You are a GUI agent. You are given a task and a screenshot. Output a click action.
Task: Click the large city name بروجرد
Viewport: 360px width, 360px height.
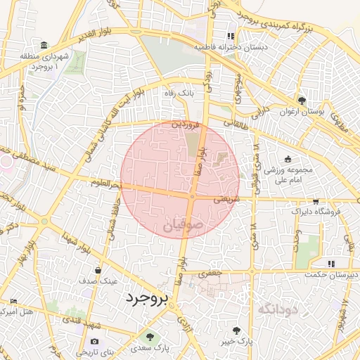[148, 298]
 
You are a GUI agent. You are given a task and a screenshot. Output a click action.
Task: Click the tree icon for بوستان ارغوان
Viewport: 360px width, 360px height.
[302, 101]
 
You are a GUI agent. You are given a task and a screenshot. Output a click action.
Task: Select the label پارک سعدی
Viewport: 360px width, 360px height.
[150, 347]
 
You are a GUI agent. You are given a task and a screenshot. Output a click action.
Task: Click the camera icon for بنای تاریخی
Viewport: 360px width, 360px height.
[95, 342]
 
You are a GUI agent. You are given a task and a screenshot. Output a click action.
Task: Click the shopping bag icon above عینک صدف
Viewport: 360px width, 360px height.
[97, 269]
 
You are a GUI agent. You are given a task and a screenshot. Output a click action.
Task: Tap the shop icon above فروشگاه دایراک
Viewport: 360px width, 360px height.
[315, 200]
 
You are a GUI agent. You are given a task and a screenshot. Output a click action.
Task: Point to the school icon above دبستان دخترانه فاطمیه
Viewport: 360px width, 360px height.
[229, 35]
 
